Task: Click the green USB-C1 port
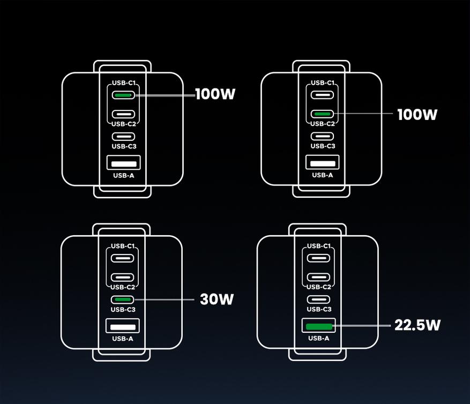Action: point(123,95)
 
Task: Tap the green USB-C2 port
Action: point(322,114)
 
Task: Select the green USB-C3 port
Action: point(122,300)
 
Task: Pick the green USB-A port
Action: point(319,326)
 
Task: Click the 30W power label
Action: point(217,299)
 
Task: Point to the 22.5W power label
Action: point(417,325)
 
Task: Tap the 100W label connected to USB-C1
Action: point(215,94)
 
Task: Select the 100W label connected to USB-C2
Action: point(417,115)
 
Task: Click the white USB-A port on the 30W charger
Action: point(123,326)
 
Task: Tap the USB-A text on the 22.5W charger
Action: point(319,339)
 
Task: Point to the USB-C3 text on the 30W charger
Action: point(123,309)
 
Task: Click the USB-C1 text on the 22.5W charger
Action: point(319,246)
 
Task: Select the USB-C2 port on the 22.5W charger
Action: point(318,277)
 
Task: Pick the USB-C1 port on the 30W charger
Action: point(122,258)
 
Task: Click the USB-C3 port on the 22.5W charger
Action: point(318,300)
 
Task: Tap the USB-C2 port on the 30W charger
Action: point(122,278)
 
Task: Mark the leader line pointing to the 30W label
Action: point(165,300)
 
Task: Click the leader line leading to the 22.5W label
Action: point(362,325)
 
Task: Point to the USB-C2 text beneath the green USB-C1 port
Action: point(124,124)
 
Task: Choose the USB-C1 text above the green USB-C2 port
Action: point(323,83)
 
